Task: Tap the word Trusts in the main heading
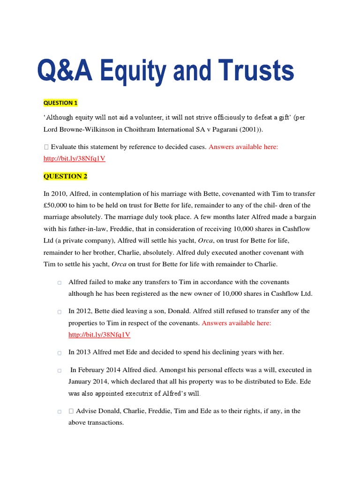(x=255, y=71)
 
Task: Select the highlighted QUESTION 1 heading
(x=60, y=103)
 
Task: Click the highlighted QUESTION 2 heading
(x=65, y=176)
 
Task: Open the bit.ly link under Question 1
(x=74, y=158)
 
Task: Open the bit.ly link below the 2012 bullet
(x=99, y=335)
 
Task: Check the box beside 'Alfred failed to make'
(x=60, y=283)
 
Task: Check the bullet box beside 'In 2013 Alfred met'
(x=60, y=352)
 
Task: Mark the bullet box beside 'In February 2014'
(x=60, y=370)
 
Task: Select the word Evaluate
(x=66, y=147)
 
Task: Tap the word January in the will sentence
(x=82, y=382)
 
